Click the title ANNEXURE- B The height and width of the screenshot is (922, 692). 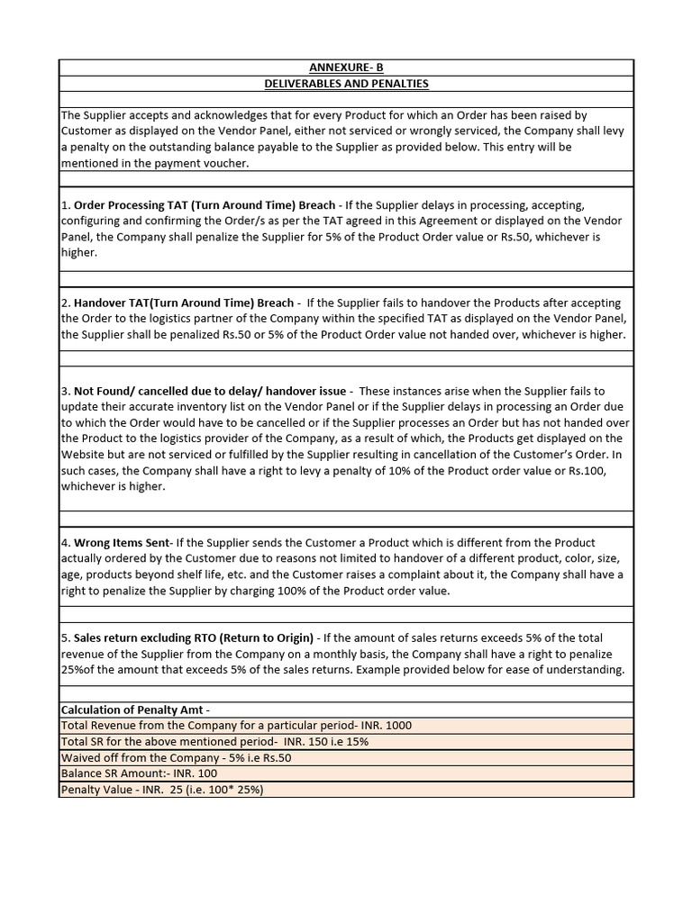(x=346, y=68)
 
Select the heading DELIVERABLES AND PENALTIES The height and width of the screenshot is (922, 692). (x=346, y=84)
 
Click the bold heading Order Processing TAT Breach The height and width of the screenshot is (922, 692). (x=204, y=205)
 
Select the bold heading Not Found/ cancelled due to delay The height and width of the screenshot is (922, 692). (x=209, y=391)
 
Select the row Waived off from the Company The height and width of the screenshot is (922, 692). (x=176, y=758)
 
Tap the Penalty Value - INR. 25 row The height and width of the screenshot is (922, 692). (x=161, y=790)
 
